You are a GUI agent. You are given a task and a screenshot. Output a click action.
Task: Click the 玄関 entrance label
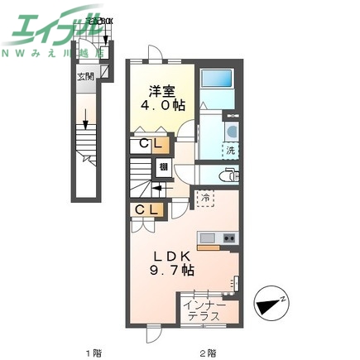(x=85, y=78)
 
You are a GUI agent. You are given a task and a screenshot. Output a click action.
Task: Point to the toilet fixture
(x=229, y=175)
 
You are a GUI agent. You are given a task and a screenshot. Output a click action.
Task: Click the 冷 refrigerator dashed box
(x=204, y=198)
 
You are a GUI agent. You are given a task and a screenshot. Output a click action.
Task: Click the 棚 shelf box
(x=164, y=168)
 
